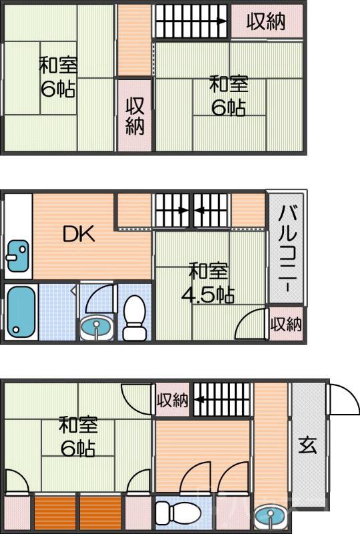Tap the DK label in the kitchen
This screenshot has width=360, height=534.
click(79, 234)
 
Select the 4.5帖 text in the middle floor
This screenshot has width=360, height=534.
click(210, 294)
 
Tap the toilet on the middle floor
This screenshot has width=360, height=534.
click(135, 319)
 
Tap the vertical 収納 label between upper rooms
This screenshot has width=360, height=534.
click(135, 115)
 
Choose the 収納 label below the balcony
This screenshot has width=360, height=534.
click(286, 324)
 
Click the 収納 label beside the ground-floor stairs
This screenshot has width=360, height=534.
click(172, 400)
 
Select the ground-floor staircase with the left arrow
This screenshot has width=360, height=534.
click(222, 401)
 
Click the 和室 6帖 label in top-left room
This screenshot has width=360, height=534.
click(58, 77)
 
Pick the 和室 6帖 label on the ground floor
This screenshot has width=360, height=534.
click(78, 435)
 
